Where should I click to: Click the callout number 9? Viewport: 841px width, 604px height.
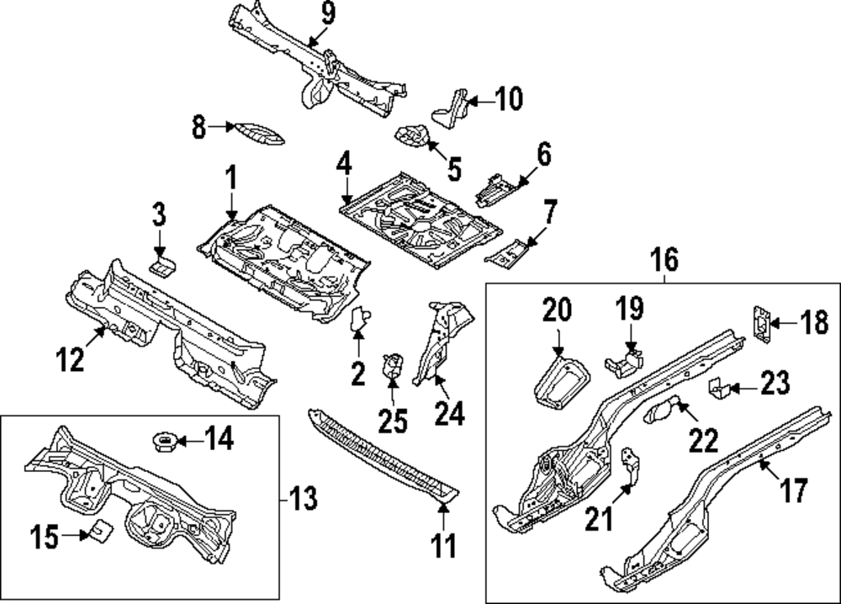coord(327,13)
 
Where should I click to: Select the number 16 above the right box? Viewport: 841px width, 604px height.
coord(664,261)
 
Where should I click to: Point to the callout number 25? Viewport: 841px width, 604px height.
coord(393,418)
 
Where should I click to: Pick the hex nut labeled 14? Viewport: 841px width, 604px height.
coord(164,439)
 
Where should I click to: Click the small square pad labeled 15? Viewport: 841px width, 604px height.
coord(102,531)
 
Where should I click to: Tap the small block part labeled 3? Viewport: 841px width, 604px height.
coord(161,265)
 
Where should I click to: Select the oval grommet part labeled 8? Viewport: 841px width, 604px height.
coord(259,133)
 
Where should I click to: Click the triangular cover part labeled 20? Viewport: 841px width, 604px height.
coord(559,381)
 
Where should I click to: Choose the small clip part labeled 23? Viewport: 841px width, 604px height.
coord(717,389)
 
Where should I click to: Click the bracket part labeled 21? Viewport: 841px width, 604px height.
coord(628,465)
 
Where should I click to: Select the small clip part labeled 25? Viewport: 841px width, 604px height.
coord(392,367)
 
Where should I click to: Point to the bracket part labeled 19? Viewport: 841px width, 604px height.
coord(623,363)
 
